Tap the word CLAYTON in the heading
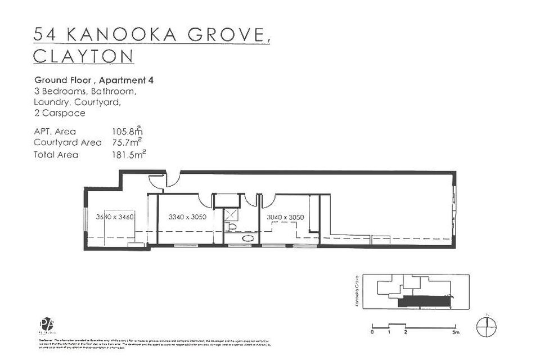coord(84,56)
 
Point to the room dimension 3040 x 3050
coord(285,217)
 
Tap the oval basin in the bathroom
coord(246,239)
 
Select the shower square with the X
coord(231,214)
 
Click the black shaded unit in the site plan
coord(425,303)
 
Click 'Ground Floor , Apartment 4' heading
coord(94,80)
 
